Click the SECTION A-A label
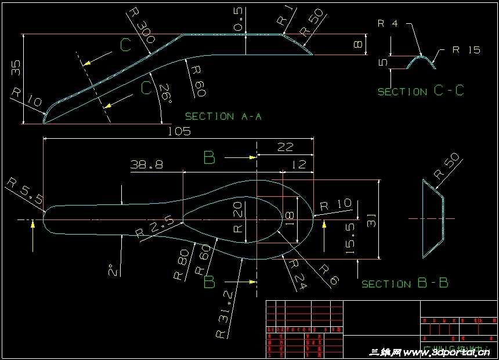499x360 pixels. (x=223, y=116)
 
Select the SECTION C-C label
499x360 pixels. (x=421, y=91)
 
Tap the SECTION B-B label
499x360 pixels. (x=404, y=283)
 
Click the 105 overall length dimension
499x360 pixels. (x=179, y=131)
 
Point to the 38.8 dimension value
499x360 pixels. (x=146, y=165)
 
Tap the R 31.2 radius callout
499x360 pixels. (x=226, y=314)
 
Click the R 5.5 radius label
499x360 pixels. (x=25, y=191)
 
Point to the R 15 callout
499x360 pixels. (x=466, y=50)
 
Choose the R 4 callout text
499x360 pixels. (x=388, y=24)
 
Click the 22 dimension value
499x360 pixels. (x=285, y=147)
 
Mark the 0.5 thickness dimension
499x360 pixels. (x=238, y=20)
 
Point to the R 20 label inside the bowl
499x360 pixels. (x=238, y=217)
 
